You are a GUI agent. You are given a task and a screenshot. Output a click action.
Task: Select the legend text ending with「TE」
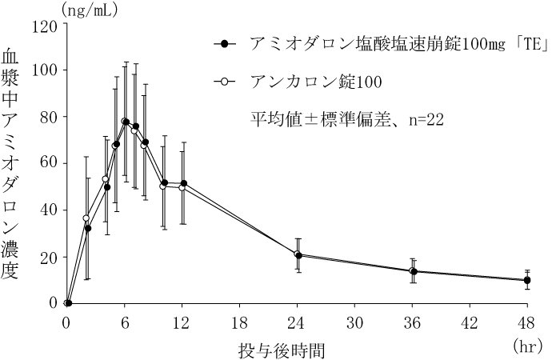(x=397, y=45)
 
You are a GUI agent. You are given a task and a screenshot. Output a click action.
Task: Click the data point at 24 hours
(x=298, y=255)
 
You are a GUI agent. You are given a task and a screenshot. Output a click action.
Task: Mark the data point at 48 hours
(x=527, y=280)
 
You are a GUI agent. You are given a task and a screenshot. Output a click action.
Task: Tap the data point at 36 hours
(x=413, y=271)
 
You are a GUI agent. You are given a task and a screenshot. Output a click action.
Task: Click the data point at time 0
(x=68, y=303)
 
